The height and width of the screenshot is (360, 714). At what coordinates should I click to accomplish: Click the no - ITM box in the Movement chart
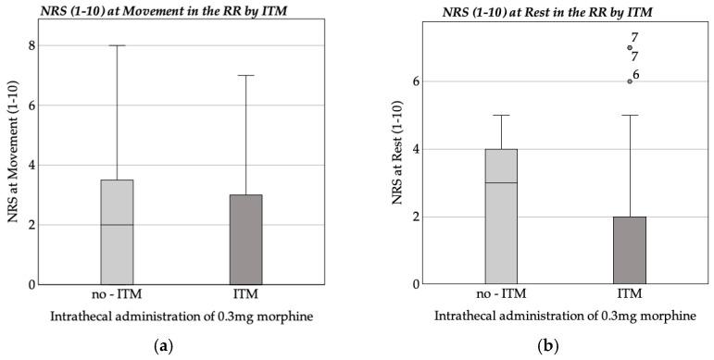point(118,231)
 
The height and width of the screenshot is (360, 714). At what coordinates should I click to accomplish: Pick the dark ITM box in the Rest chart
point(630,250)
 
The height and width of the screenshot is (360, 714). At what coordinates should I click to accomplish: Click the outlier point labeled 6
point(630,81)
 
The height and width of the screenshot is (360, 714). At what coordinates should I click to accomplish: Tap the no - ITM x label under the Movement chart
point(118,295)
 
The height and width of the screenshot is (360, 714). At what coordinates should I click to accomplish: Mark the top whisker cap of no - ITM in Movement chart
point(118,45)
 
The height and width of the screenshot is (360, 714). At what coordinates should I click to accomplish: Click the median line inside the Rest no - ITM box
point(501,182)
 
